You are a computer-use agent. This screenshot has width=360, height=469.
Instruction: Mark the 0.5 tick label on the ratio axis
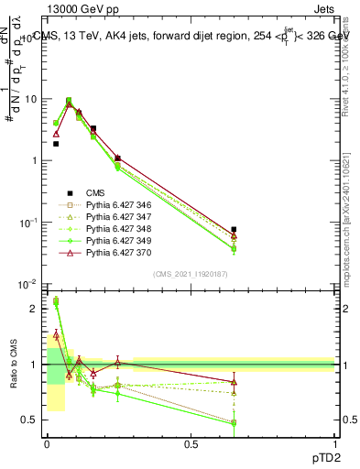coord(30,420)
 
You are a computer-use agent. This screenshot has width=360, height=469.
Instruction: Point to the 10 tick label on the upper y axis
coord(30,99)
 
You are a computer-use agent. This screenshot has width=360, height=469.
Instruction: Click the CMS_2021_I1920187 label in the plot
coord(191,274)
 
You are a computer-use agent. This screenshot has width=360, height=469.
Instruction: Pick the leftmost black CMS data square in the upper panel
coord(56,144)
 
